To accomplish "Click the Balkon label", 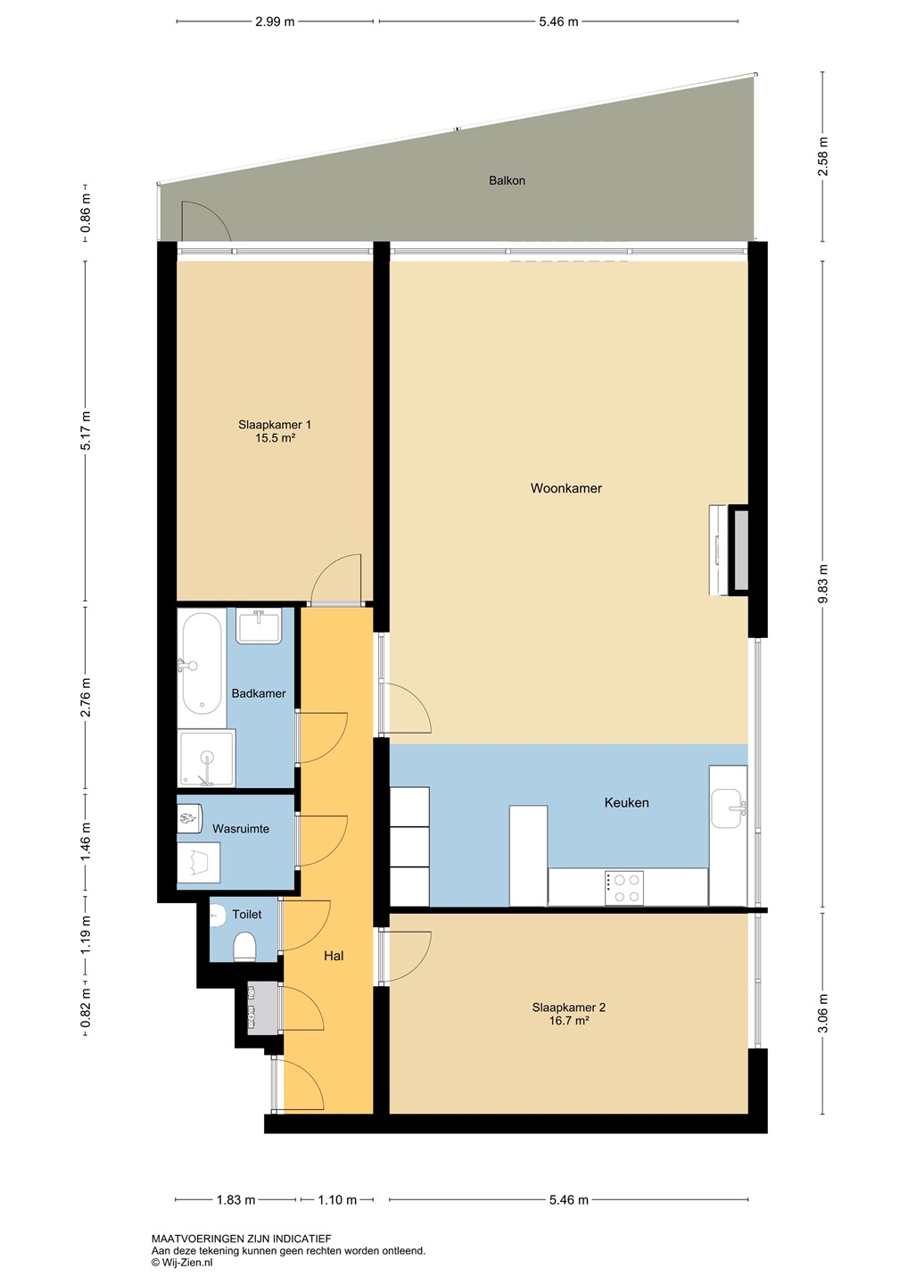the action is coord(507,180).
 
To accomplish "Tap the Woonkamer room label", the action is coord(565,488).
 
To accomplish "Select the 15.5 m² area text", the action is coord(275,438).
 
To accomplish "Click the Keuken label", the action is coord(626,802).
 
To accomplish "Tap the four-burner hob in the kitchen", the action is coord(624,889).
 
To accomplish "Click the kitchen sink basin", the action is coord(727,808).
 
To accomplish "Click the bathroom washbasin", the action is coord(259,626).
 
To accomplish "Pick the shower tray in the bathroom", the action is coord(206,759).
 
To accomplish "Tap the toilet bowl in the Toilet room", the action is coord(244,945).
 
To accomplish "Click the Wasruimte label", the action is coord(241,829).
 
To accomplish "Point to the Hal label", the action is coord(334,956).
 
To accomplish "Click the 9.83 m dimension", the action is coord(822,584).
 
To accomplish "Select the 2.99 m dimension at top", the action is coord(274,21).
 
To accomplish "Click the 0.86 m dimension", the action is coord(86,212).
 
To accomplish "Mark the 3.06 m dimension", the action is coord(822,1013).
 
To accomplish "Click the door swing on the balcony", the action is coord(206,221).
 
